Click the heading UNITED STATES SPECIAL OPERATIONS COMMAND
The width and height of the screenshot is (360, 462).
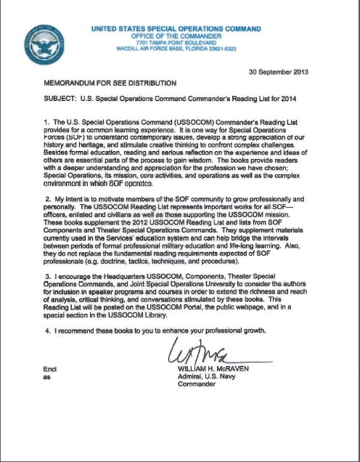pyautogui.click(x=176, y=29)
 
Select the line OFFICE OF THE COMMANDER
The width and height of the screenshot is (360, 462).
pyautogui.click(x=176, y=36)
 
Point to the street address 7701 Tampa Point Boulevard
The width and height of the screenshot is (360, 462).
pyautogui.click(x=176, y=43)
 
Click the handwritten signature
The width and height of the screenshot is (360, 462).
pyautogui.click(x=196, y=355)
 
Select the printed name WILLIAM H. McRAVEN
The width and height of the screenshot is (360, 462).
pyautogui.click(x=217, y=369)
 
